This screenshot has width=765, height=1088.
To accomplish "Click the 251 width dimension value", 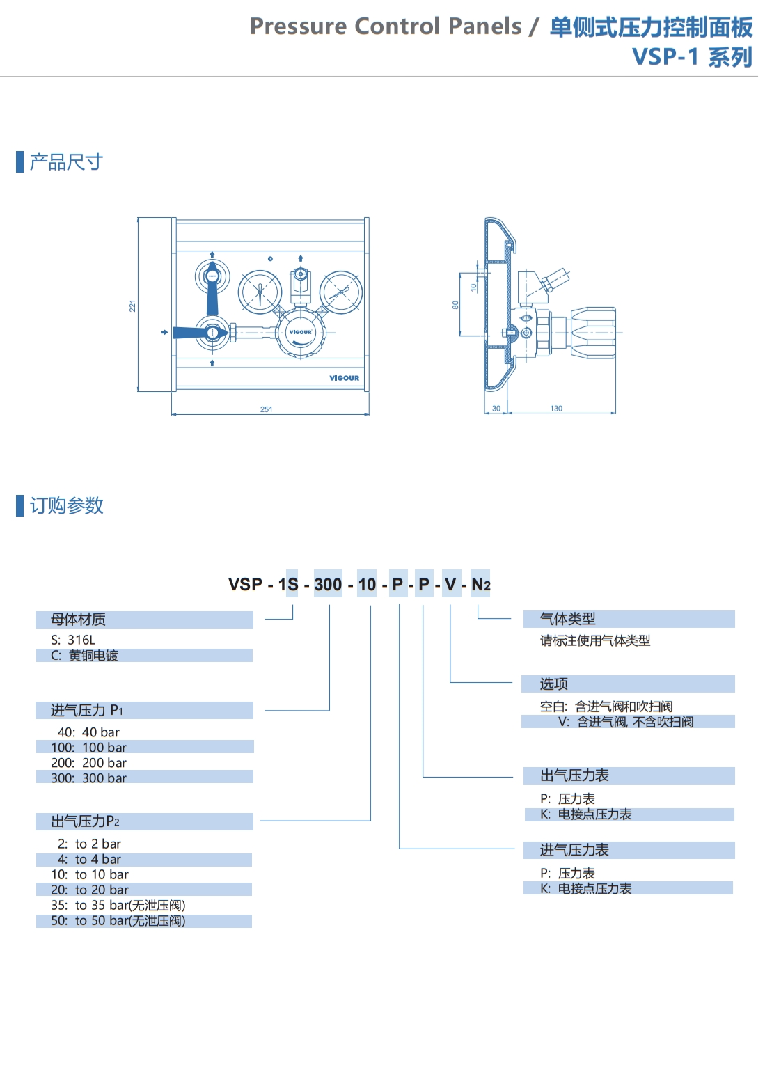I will [x=267, y=409].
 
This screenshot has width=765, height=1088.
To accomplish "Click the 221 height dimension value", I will [x=132, y=306].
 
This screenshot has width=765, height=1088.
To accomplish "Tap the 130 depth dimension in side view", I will [x=556, y=409].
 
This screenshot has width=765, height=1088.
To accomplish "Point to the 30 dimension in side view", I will [x=496, y=409].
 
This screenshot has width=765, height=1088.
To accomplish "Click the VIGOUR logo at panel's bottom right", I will [x=345, y=378].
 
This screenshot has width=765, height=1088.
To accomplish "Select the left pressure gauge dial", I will [x=260, y=292].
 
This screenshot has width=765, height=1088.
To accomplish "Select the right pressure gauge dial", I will [x=341, y=292].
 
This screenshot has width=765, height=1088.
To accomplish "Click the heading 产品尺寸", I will [x=66, y=162].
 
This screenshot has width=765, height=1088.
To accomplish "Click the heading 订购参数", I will [x=66, y=505].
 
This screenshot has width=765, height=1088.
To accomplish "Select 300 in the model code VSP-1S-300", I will [x=328, y=585].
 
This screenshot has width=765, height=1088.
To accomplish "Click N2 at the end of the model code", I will [x=481, y=585].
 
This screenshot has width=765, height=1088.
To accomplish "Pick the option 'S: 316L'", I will [x=73, y=640].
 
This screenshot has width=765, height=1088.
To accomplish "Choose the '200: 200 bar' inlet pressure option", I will [x=88, y=763].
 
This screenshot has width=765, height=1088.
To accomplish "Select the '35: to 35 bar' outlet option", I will [x=118, y=905].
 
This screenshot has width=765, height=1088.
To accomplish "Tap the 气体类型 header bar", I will [x=629, y=619].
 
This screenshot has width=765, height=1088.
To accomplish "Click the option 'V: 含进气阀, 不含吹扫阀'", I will [x=625, y=722].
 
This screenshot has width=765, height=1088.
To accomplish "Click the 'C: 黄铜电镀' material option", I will [x=84, y=656].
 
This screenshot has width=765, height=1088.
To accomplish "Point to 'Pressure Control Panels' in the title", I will [x=386, y=26].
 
